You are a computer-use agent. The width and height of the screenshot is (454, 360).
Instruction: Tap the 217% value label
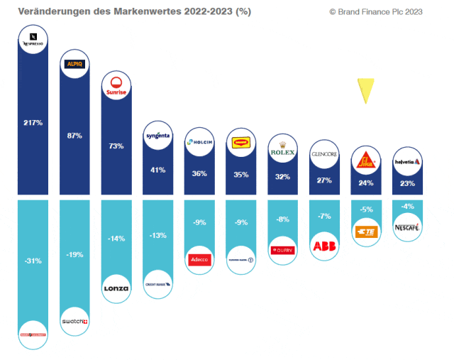coord(33,123)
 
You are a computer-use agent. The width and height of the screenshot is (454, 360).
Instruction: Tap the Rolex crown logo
coord(282,151)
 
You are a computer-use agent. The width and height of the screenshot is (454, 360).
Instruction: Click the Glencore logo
coord(323,153)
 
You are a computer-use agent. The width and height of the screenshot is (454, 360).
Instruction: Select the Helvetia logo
coord(407,162)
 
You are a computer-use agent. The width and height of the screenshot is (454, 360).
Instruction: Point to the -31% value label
coord(33,261)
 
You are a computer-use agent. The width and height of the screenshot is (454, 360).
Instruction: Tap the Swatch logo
coord(74,321)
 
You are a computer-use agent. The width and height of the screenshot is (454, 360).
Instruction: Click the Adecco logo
coord(199,258)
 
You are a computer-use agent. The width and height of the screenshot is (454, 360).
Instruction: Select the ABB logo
coord(323,246)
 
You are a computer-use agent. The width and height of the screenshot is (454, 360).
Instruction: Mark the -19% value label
coord(74,253)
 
